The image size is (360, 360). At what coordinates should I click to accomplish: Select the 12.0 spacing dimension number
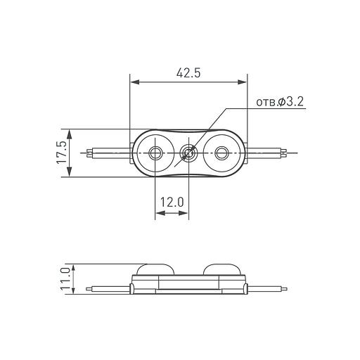click(172, 202)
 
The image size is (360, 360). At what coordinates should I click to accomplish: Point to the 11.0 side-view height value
click(65, 279)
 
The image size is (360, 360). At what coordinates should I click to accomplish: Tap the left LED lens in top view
click(155, 152)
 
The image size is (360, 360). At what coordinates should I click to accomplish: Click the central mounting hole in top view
click(189, 152)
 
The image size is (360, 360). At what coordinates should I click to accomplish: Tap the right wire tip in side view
click(283, 288)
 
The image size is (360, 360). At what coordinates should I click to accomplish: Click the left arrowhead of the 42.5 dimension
click(134, 83)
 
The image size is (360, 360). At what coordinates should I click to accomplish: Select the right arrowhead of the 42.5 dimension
click(243, 83)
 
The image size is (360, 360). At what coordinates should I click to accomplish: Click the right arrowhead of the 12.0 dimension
click(186, 214)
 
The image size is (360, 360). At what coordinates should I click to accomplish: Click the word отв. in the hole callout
click(266, 103)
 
